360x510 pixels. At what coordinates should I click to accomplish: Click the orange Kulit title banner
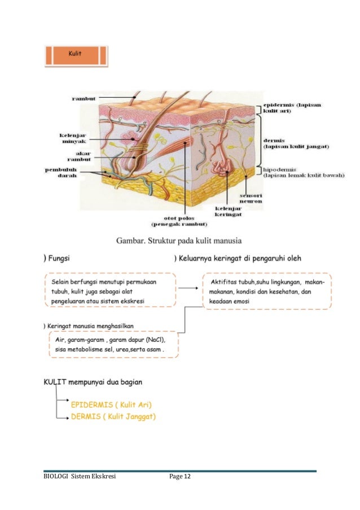click(75, 55)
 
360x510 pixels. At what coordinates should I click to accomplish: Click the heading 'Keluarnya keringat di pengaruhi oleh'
click(241, 259)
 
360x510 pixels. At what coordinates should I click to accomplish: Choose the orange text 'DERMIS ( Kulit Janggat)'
click(113, 417)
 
